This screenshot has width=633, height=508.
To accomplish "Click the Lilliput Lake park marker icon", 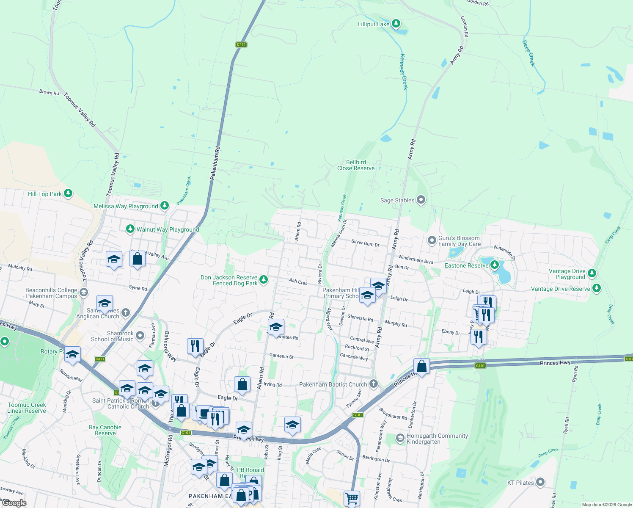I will pyautogui.click(x=396, y=23).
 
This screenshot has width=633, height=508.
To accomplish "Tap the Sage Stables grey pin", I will pyautogui.click(x=421, y=200).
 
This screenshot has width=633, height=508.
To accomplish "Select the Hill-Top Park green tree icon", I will pyautogui.click(x=68, y=193).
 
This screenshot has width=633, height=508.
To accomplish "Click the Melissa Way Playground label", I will pyautogui.click(x=126, y=206).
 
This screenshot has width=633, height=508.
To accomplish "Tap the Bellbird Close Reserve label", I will pyautogui.click(x=356, y=165).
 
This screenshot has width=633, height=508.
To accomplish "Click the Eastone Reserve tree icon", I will pyautogui.click(x=494, y=265).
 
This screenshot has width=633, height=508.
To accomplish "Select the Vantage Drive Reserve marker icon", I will pyautogui.click(x=596, y=288).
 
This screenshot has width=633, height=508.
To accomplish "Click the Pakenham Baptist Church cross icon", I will pyautogui.click(x=373, y=384).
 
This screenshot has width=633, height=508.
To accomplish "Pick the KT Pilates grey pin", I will pyautogui.click(x=540, y=482).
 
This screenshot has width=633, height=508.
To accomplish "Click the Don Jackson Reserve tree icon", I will pyautogui.click(x=264, y=279).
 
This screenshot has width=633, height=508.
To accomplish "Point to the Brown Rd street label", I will pyautogui.click(x=49, y=92).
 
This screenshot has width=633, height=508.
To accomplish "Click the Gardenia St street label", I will pyautogui.click(x=281, y=356).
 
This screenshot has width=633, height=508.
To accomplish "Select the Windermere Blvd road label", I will pyautogui.click(x=416, y=260).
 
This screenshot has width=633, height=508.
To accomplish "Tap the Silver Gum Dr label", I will pyautogui.click(x=365, y=243).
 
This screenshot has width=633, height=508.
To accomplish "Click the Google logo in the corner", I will pyautogui.click(x=14, y=503).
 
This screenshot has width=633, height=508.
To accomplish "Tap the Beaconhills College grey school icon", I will pyautogui.click(x=84, y=293).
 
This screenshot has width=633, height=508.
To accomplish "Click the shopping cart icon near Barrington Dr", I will pyautogui.click(x=352, y=498).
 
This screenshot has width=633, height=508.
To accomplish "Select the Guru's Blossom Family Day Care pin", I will pyautogui.click(x=432, y=240).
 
